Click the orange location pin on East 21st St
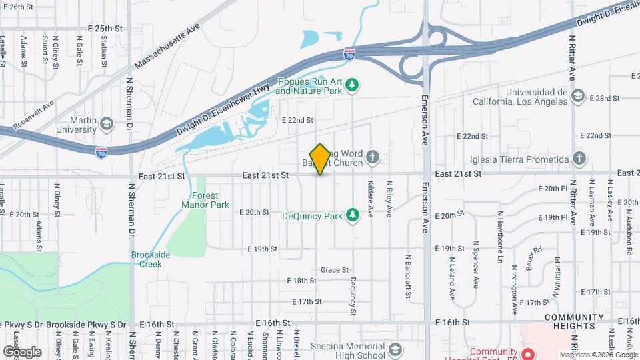[320, 159]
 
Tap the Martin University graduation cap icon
[106, 124]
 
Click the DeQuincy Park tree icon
[353, 215]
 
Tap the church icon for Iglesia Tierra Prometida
[579, 159]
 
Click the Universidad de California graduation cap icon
[577, 97]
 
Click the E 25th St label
[105, 29]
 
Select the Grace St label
[335, 270]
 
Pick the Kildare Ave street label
[370, 198]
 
